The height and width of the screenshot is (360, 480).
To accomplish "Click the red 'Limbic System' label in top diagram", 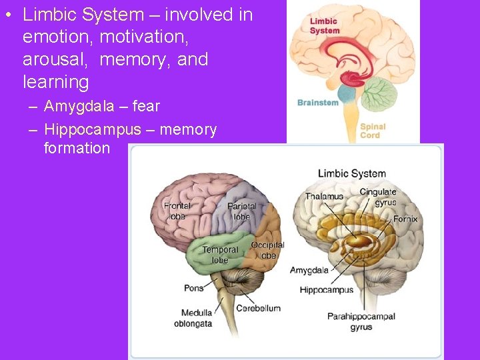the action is [325, 25].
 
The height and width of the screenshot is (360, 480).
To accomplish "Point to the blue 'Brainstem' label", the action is [317, 103].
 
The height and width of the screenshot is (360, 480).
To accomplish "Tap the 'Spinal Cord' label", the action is [372, 131].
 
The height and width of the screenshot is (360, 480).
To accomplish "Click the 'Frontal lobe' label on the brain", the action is [177, 211].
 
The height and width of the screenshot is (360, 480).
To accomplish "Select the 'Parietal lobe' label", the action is [241, 211].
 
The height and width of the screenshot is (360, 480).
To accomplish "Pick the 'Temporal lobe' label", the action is [220, 255].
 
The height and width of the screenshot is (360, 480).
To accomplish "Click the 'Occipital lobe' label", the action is [267, 250].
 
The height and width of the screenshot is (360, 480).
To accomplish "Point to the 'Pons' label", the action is [194, 288].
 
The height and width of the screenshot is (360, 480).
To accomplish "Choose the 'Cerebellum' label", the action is [259, 308].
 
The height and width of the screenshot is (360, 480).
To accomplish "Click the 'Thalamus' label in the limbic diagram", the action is [325, 197].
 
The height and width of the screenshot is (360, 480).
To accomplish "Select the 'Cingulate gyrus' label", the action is [378, 197].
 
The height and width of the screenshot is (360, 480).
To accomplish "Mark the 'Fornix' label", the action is [405, 219].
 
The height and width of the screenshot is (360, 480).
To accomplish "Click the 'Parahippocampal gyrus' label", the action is [361, 322].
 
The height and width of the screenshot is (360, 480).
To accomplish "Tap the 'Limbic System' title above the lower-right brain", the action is [351, 174].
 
